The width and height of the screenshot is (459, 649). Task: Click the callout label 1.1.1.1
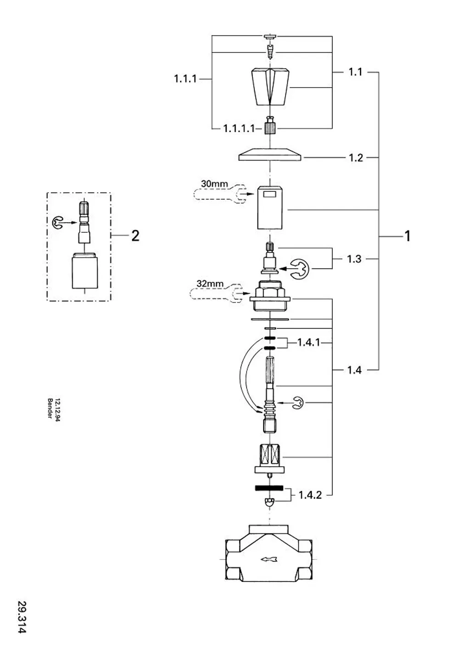[x=239, y=129]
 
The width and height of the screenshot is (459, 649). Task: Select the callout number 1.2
[x=356, y=158]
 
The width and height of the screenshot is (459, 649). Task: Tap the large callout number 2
[x=135, y=236]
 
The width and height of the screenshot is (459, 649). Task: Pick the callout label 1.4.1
[x=309, y=343]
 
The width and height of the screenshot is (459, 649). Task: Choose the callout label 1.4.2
[x=310, y=495]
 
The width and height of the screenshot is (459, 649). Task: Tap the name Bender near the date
[x=50, y=408]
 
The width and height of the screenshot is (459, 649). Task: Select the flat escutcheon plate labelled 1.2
[x=270, y=154]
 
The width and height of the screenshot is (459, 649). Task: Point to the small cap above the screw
[x=270, y=37]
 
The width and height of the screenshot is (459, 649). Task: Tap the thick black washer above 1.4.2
[x=269, y=488]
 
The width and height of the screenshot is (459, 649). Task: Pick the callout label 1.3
[x=354, y=259]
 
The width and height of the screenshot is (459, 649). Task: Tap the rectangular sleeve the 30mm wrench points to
[x=269, y=207]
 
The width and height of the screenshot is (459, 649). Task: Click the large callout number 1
[x=408, y=236]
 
